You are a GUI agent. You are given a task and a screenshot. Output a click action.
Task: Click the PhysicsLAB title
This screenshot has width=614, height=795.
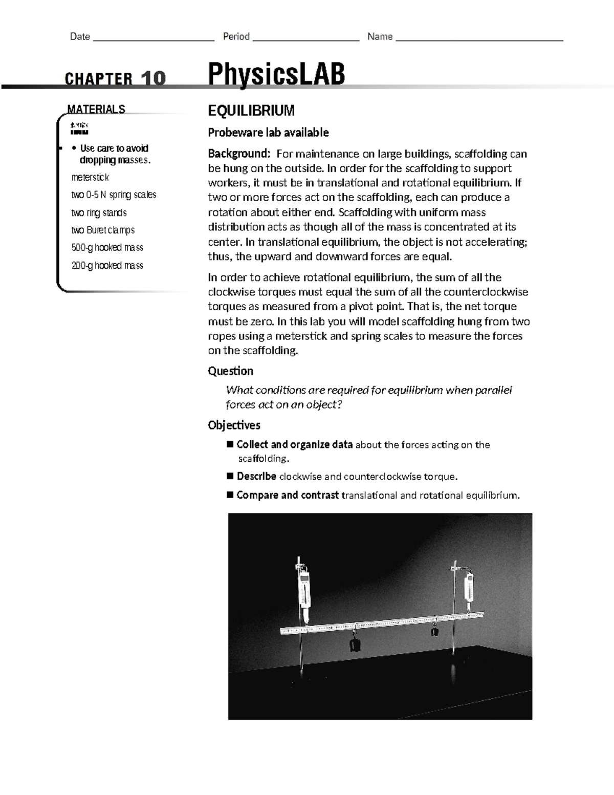click(x=276, y=74)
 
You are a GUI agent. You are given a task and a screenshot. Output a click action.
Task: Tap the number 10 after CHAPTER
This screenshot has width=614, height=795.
click(x=153, y=79)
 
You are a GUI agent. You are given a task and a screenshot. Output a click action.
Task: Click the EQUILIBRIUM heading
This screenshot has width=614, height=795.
click(x=251, y=110)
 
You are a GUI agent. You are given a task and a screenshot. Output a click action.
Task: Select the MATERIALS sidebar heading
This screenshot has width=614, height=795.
click(x=96, y=109)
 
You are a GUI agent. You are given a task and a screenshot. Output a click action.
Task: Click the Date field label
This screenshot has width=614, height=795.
click(x=80, y=36)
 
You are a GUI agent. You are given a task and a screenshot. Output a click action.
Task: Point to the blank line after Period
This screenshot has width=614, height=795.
click(x=306, y=37)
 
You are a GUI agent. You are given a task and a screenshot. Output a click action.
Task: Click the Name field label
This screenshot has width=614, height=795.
click(x=380, y=36)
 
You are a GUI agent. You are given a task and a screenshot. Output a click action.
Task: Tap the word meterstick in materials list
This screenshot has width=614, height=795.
click(x=90, y=177)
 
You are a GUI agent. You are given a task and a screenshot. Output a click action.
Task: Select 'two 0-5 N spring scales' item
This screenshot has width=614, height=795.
click(x=114, y=195)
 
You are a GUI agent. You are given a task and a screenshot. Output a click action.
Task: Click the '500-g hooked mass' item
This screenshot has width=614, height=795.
click(x=107, y=247)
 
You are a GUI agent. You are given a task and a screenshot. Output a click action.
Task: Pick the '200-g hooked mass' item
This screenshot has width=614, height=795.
click(x=107, y=265)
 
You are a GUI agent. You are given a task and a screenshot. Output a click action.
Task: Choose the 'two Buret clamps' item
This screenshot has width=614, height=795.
click(x=103, y=230)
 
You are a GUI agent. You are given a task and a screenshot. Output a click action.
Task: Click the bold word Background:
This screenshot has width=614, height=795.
click(x=238, y=154)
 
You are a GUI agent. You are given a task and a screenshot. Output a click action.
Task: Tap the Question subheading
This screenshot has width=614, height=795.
click(x=230, y=371)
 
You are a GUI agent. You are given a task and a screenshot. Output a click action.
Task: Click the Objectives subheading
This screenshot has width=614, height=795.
click(x=234, y=425)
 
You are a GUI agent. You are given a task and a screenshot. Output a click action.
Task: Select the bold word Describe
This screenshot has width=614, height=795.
click(x=256, y=476)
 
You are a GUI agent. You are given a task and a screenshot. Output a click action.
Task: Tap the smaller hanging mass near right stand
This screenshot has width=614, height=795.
click(x=434, y=631)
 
